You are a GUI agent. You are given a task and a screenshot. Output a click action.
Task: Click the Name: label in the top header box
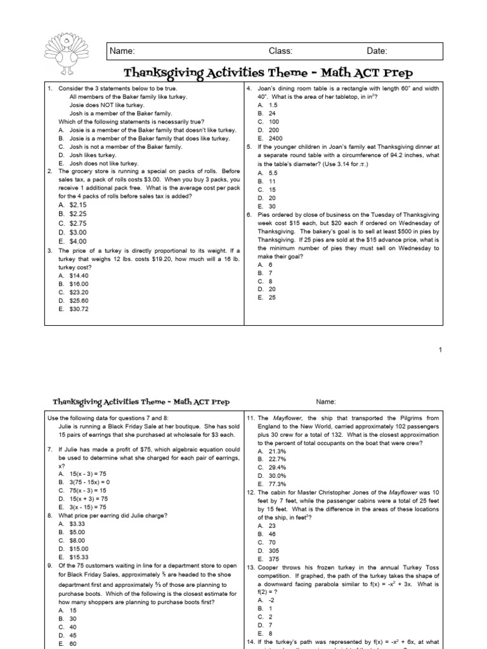click(122, 51)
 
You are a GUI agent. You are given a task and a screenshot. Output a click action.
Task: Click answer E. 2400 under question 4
click(268, 138)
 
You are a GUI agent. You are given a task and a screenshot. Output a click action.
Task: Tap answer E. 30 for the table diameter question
click(266, 207)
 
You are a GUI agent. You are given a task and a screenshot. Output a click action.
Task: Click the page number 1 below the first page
click(439, 350)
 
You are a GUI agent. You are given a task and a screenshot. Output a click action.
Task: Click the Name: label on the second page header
click(326, 402)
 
